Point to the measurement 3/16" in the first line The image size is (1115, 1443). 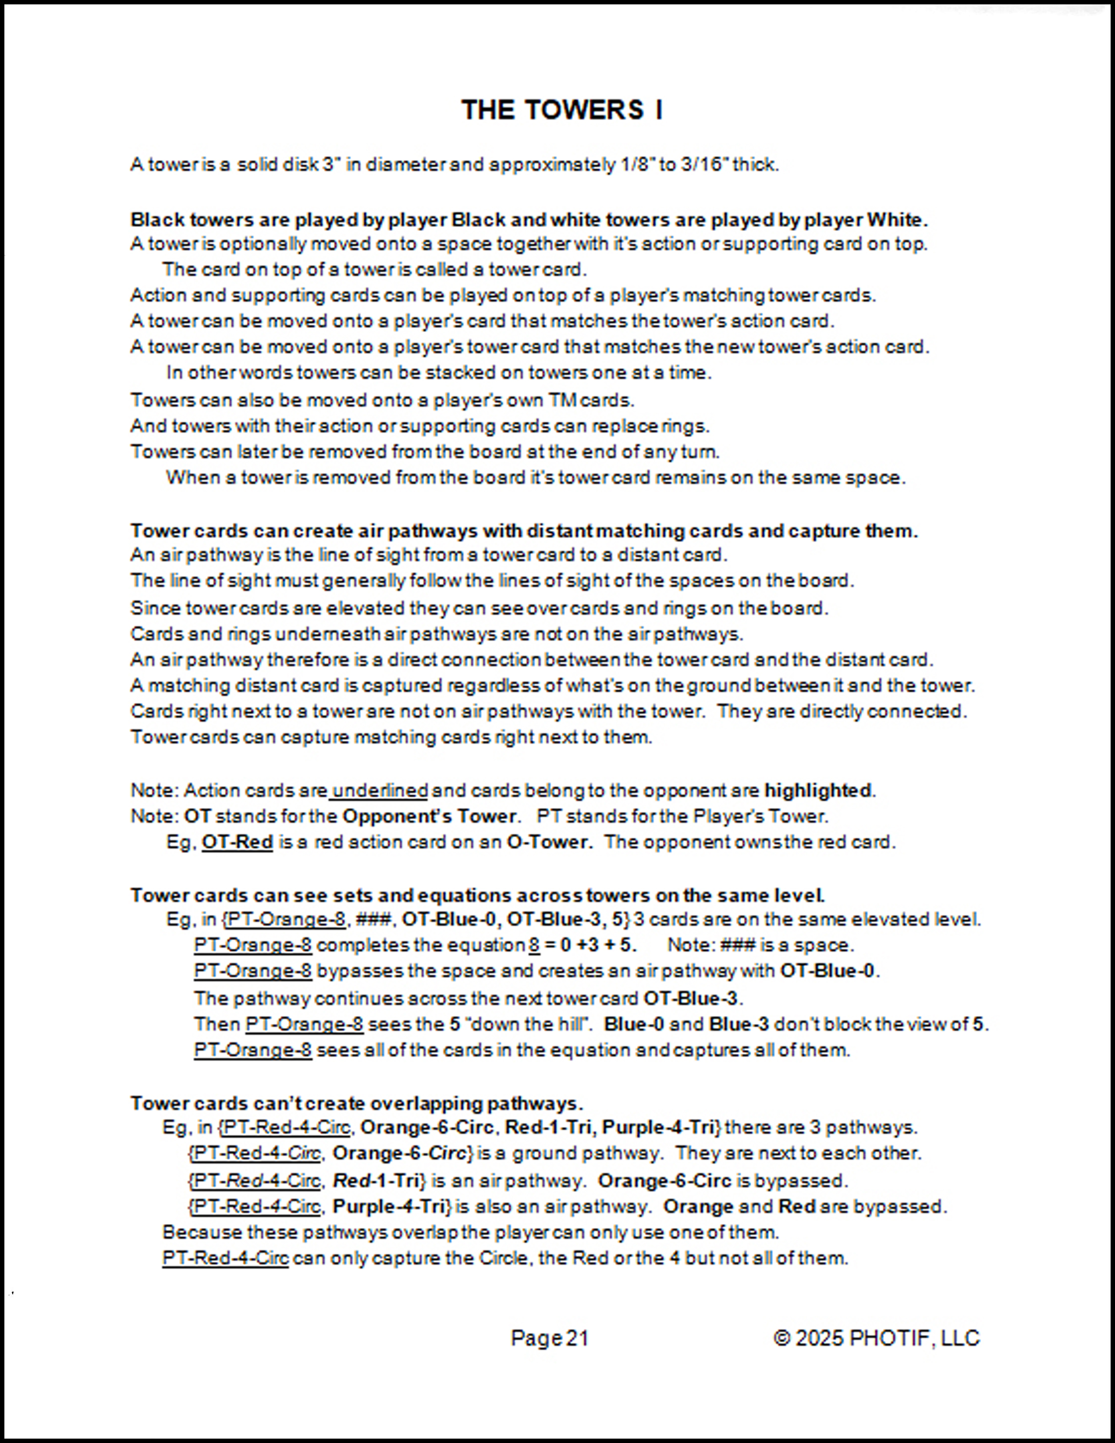(x=703, y=164)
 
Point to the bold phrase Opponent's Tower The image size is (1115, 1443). (x=429, y=817)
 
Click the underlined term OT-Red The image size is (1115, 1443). (x=237, y=842)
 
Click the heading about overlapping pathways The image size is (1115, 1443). (x=357, y=1103)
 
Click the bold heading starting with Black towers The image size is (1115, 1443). (x=529, y=220)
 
